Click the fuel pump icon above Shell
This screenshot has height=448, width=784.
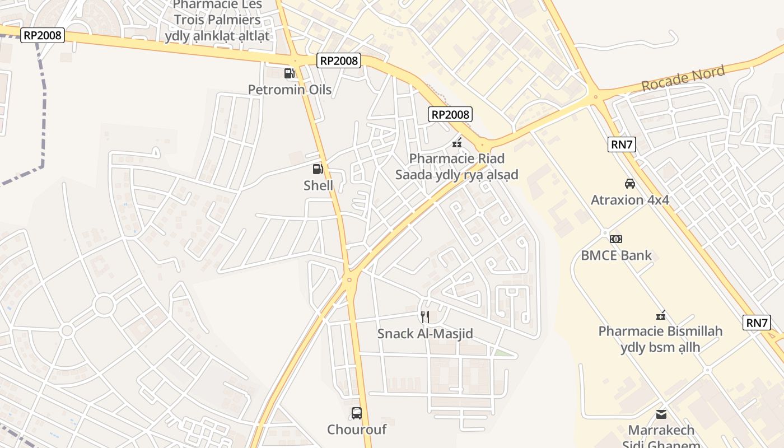point(318,169)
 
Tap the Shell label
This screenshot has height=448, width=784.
point(318,185)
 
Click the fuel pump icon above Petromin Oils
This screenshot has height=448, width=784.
point(289,73)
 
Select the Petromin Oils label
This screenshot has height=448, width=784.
point(290,90)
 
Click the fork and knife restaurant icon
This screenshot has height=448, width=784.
point(425,317)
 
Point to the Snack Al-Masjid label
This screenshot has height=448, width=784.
point(425,334)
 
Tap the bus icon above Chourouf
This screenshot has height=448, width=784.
point(357,413)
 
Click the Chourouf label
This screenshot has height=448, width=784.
point(357,430)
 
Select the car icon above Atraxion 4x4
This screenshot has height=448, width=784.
point(630,183)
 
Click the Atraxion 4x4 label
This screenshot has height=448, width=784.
point(630,200)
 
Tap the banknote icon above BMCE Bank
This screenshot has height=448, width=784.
point(616,239)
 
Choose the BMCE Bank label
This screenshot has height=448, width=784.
point(616,255)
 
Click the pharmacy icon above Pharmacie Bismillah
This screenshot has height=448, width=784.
point(661,315)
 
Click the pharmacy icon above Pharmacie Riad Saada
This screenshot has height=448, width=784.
point(457,143)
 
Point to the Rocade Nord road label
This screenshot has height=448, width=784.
point(683,78)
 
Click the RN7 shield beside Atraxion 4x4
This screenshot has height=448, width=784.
point(622,144)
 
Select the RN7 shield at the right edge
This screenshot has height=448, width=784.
point(757,323)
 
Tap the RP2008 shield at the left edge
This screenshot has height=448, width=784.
point(43,35)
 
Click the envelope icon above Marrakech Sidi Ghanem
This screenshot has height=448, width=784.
point(661,414)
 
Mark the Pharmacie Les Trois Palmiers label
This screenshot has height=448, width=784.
point(217,20)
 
